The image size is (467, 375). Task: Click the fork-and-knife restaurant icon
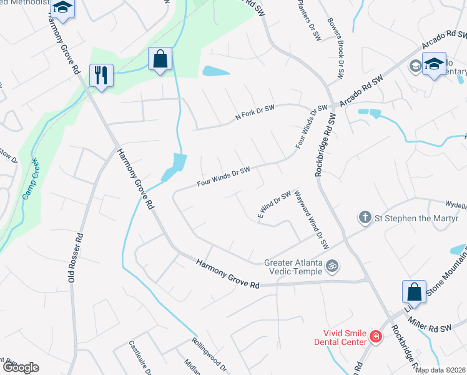point(100,76)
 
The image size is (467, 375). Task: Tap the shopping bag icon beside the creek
point(160,59)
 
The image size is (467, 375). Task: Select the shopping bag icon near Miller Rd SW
point(414,292)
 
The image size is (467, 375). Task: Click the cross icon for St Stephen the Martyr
point(365,218)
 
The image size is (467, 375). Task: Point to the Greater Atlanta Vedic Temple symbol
point(333,266)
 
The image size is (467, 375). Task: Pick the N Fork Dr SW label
point(255,112)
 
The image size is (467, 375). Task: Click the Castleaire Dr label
point(140,357)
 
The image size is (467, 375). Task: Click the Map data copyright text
point(441,370)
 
